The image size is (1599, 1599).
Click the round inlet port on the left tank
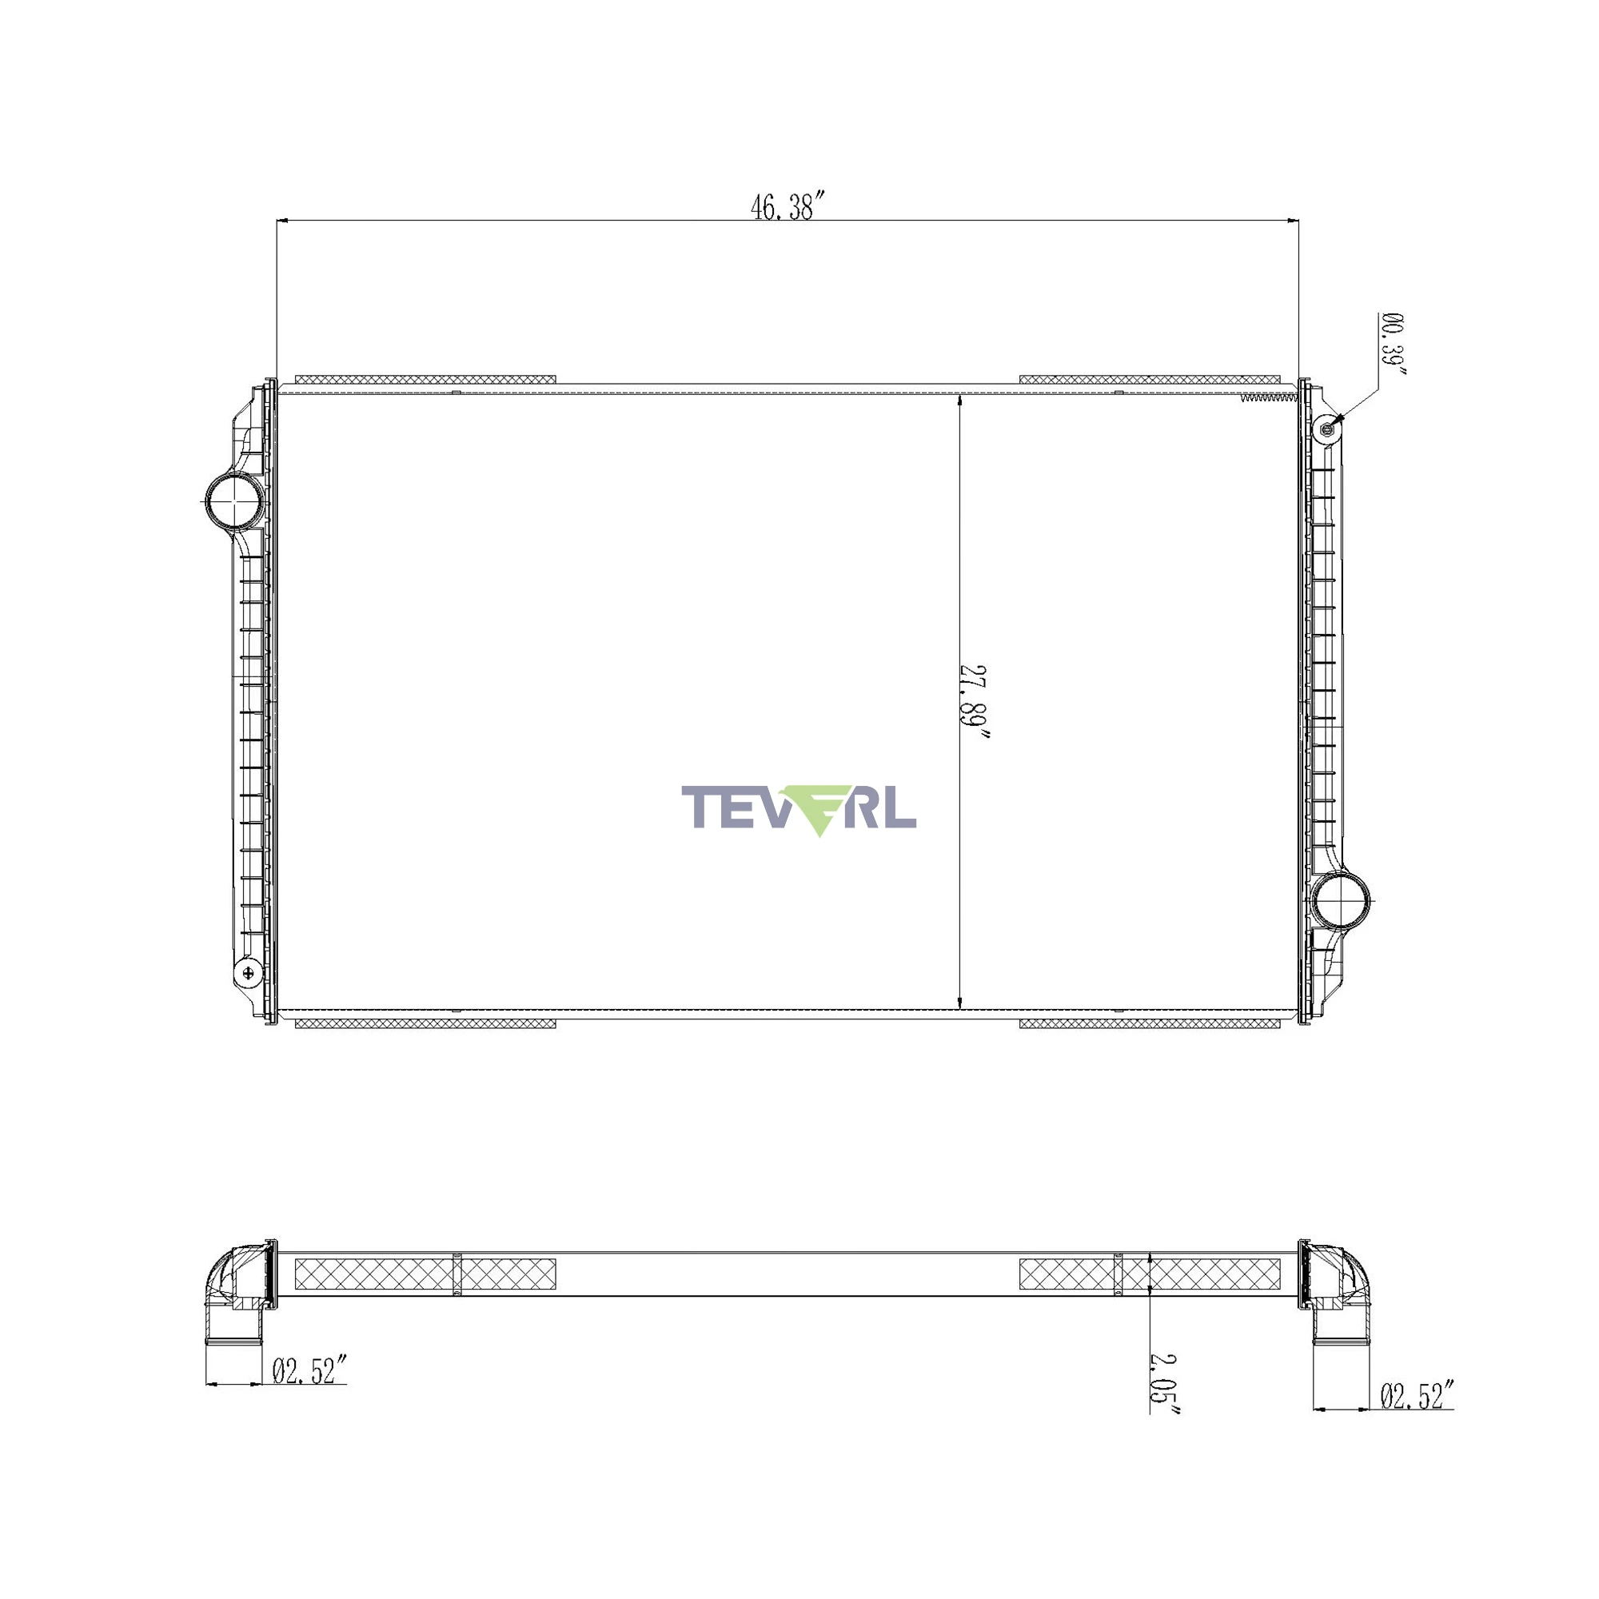click(x=234, y=501)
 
